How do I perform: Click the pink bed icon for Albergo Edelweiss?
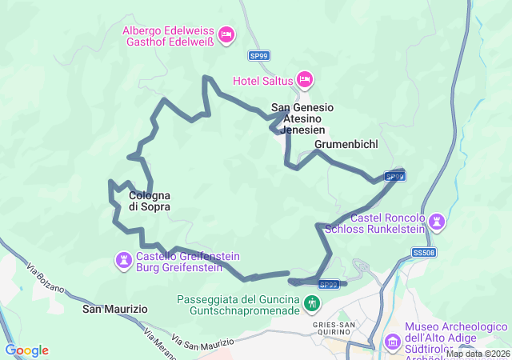click(226, 34)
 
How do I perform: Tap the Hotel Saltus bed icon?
click(304, 80)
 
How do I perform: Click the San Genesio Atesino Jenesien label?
click(302, 118)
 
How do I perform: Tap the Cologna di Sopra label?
click(150, 201)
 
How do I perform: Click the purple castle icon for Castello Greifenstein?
click(124, 260)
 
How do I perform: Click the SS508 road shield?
click(425, 253)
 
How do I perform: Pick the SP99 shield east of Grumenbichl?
click(394, 176)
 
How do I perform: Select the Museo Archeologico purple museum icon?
click(393, 342)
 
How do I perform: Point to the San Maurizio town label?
click(115, 308)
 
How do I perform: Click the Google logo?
click(26, 350)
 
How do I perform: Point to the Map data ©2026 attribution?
click(477, 354)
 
